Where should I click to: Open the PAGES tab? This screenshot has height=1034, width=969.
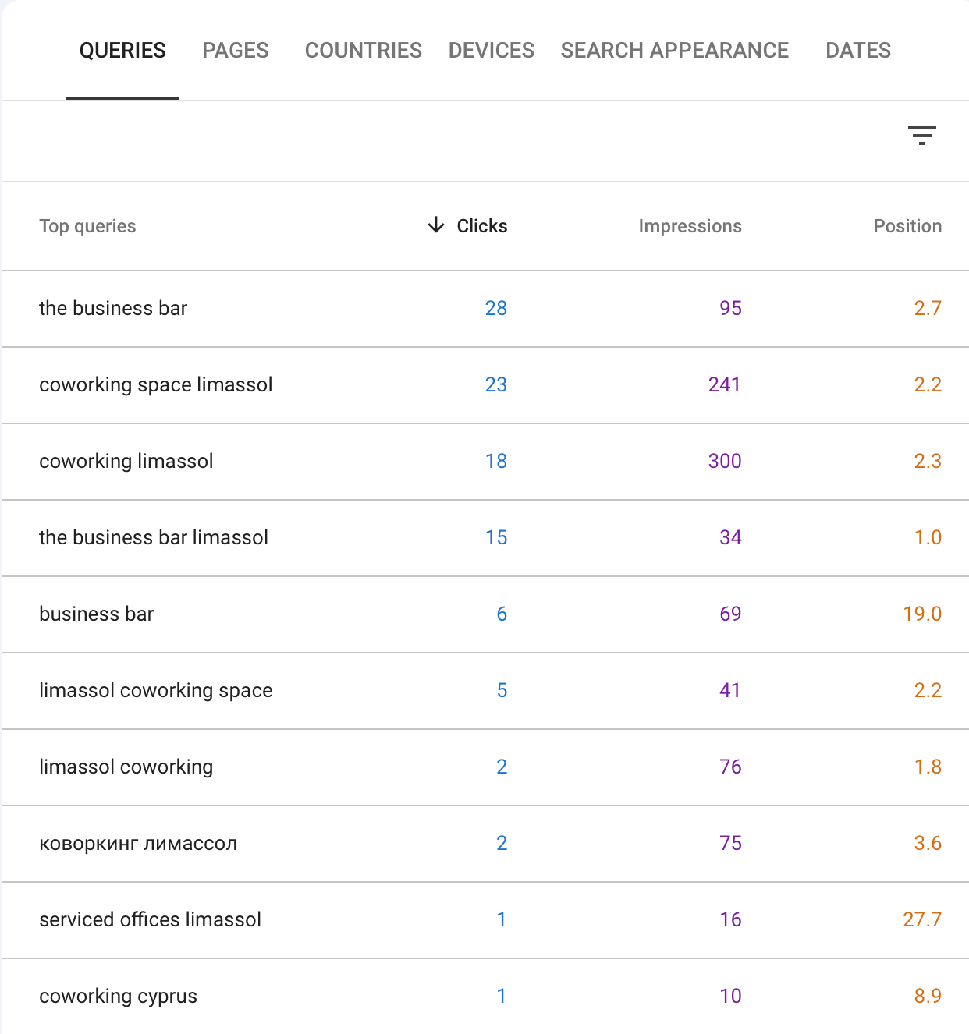(x=235, y=51)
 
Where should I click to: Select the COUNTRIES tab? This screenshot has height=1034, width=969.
(x=363, y=51)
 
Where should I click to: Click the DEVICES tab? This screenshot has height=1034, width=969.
(x=491, y=51)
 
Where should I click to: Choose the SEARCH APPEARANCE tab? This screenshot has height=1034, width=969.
(x=674, y=51)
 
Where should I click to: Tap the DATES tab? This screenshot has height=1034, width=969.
(x=857, y=51)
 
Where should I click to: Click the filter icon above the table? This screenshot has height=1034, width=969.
(x=921, y=136)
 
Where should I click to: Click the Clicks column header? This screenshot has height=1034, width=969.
(x=481, y=226)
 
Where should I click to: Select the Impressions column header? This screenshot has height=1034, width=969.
(x=690, y=226)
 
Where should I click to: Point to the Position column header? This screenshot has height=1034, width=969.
(x=907, y=226)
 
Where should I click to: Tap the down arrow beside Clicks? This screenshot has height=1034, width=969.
(x=436, y=225)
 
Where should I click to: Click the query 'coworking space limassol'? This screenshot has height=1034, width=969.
(x=156, y=384)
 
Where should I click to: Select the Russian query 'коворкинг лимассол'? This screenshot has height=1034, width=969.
(x=138, y=843)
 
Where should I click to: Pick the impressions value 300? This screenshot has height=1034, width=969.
(x=724, y=461)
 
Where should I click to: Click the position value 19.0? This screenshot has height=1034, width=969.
(x=921, y=614)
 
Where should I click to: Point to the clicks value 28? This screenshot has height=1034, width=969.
(x=495, y=308)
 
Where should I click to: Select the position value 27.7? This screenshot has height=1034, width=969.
(x=921, y=919)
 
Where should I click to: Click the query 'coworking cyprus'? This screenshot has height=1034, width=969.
(x=118, y=996)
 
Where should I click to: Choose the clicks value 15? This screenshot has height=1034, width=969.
(x=495, y=537)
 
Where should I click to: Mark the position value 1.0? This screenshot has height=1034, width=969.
(x=927, y=537)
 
